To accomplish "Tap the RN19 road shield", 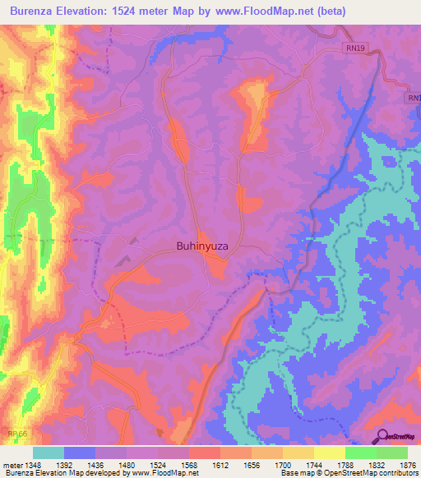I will (x=353, y=49).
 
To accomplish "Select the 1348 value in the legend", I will (x=34, y=465).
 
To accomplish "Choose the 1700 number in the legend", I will (x=285, y=465).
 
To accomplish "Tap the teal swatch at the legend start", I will (x=49, y=453).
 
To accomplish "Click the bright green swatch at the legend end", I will (x=392, y=453).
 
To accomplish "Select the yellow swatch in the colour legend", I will (x=330, y=453).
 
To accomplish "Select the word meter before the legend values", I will (x=12, y=465).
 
